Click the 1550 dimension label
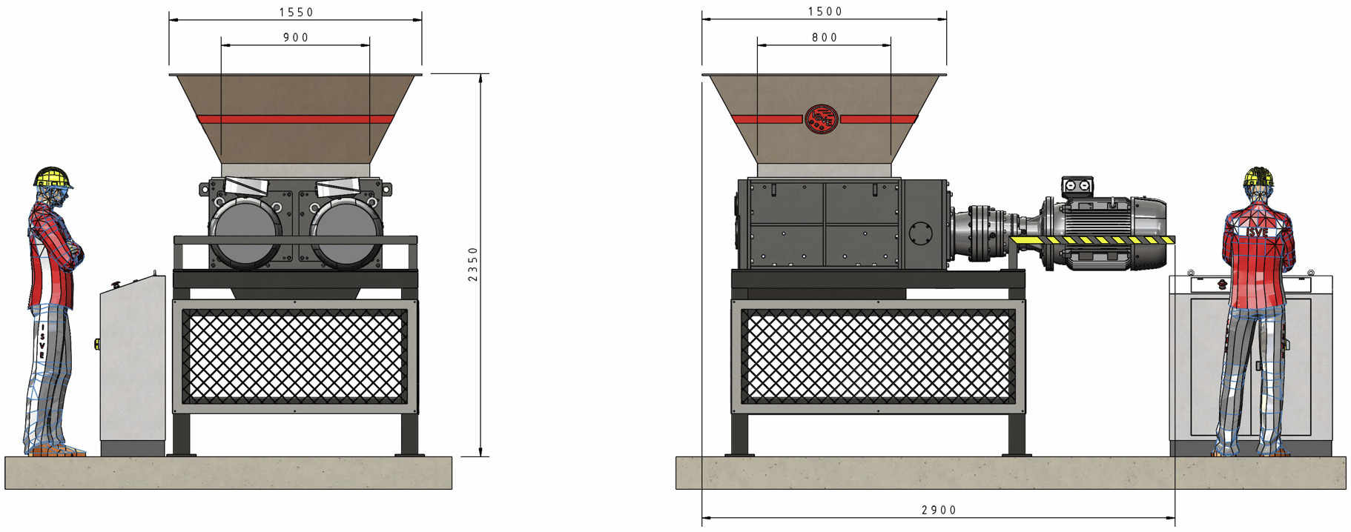pos(296,12)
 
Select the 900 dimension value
pos(296,37)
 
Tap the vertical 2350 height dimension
pos(473,265)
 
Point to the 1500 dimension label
pos(825,11)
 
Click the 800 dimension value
pos(825,37)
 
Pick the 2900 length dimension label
pos(939,510)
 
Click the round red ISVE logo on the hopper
pos(822,119)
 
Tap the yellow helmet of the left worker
pos(53,178)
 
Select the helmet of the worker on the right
pos(1258,176)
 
